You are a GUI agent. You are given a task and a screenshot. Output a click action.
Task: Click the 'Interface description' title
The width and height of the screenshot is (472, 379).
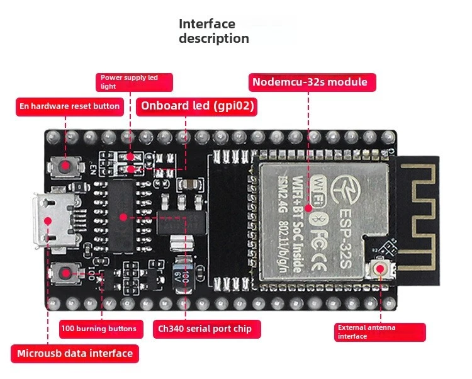[214, 31]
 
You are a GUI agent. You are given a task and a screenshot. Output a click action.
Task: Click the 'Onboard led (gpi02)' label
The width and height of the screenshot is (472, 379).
[197, 106]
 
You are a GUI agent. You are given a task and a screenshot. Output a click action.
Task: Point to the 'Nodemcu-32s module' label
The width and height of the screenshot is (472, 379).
[310, 82]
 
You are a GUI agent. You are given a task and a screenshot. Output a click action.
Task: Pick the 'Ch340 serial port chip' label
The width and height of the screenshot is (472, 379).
[205, 329]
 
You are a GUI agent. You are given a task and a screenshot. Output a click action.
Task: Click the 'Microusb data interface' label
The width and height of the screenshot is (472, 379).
[75, 353]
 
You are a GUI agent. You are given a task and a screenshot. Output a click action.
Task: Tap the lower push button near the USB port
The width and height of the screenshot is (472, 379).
[65, 272]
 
